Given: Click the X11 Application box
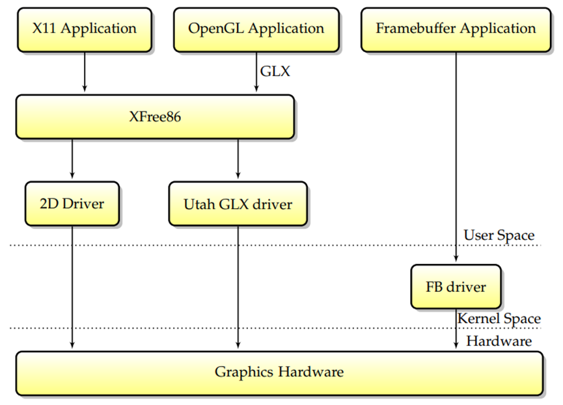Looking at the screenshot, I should click(85, 29).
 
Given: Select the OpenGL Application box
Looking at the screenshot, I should click(256, 29).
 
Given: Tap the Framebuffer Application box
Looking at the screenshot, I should click(456, 29).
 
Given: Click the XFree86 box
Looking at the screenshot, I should click(155, 116).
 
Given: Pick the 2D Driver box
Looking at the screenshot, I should click(72, 204).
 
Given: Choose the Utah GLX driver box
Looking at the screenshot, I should click(238, 204).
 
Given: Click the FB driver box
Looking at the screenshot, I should click(456, 286).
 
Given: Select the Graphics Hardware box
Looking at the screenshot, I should click(279, 372).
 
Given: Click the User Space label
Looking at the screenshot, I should click(499, 235).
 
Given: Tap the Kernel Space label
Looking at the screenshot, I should click(499, 319).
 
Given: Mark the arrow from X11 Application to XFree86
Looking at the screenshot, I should click(85, 73).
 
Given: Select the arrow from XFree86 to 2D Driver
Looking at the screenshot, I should click(72, 159).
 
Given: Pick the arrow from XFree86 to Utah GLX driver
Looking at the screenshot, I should click(238, 159).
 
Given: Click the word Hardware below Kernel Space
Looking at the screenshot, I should click(499, 341).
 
